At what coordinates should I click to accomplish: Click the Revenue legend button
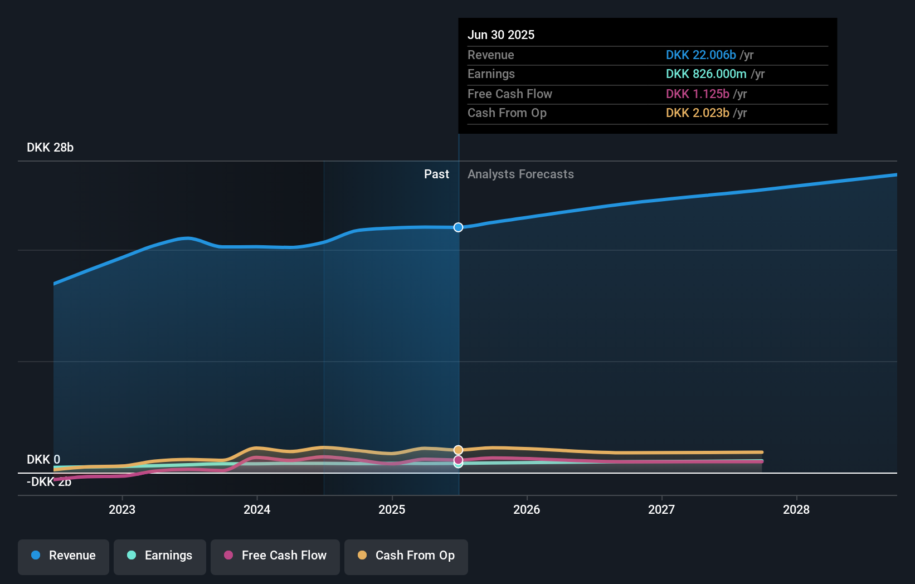tap(64, 556)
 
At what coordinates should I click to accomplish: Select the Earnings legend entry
tap(160, 556)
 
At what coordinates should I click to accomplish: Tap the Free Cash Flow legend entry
tap(275, 556)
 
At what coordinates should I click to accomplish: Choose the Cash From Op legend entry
tap(406, 556)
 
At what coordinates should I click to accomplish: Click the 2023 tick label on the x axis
tap(122, 509)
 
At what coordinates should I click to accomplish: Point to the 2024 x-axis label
tap(257, 509)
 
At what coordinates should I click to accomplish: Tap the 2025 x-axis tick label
tap(392, 509)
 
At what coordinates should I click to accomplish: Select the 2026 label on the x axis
tap(527, 509)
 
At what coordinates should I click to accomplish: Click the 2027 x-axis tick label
tap(661, 509)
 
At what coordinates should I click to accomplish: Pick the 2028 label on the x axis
tap(796, 509)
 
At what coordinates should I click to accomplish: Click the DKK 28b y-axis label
tap(50, 148)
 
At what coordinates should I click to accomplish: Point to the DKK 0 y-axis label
tap(43, 460)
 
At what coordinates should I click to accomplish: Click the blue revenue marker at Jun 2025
tap(458, 227)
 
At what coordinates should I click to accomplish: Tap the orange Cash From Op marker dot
tap(458, 450)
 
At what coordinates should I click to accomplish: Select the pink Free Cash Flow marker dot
tap(458, 460)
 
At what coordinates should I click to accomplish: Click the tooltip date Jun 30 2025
tap(501, 35)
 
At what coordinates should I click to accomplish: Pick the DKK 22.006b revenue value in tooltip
tap(700, 55)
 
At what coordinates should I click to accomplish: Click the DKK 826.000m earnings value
tap(706, 74)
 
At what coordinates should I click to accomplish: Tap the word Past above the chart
tap(436, 174)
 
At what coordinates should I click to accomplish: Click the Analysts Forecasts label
tap(520, 174)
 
